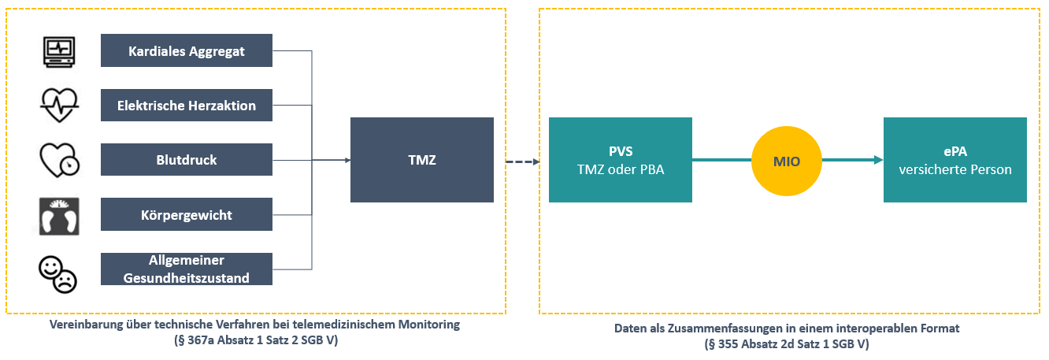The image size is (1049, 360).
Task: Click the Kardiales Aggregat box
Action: [x=187, y=51]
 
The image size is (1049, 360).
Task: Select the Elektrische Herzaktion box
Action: [x=187, y=105]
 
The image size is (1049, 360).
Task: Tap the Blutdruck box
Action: [x=187, y=160]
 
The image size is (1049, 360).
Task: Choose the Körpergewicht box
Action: [x=187, y=214]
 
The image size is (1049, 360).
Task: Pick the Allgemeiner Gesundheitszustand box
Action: [x=187, y=269]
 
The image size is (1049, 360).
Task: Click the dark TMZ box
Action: [x=422, y=160]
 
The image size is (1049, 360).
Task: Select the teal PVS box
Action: [x=621, y=160]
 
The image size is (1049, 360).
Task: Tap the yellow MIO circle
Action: [x=788, y=160]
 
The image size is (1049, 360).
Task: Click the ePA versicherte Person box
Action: [x=954, y=160]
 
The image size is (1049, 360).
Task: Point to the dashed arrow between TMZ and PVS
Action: [x=521, y=161]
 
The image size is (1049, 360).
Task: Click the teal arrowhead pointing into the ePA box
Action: [x=877, y=160]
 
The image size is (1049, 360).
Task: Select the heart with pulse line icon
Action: [x=60, y=105]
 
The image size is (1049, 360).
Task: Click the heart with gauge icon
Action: [x=60, y=160]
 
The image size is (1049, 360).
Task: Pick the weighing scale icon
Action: [x=60, y=216]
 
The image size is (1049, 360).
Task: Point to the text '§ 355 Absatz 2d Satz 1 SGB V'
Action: [x=787, y=344]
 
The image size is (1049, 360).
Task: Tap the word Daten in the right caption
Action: [x=630, y=329]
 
